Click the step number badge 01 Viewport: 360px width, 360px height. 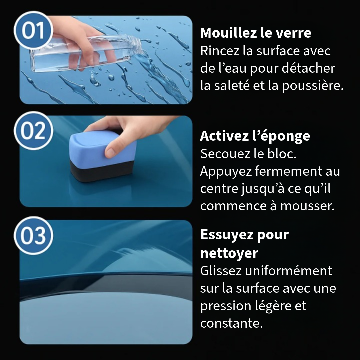34,30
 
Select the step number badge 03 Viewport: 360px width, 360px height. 34,235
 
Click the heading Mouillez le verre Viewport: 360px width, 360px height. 256,33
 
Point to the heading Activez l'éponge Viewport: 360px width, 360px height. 255,136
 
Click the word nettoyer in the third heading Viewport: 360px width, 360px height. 229,253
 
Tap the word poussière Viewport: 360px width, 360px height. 312,85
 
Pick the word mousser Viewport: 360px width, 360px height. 307,206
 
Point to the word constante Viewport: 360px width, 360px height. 231,323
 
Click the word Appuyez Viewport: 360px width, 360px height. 226,172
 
